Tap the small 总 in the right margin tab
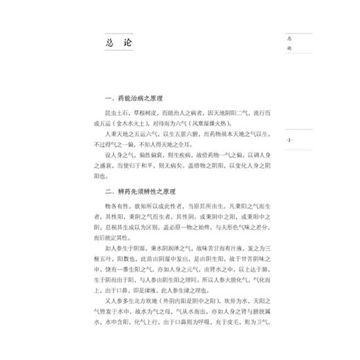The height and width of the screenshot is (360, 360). pos(290,39)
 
